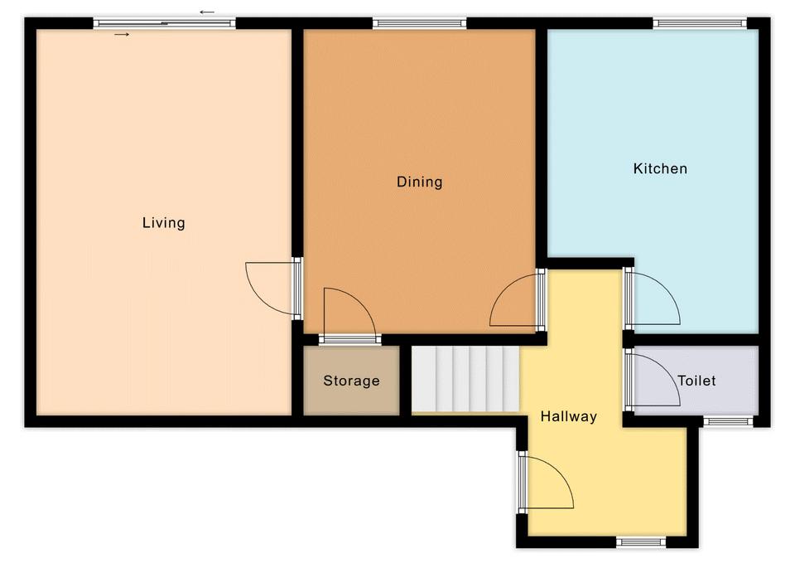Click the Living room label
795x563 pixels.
pos(163,223)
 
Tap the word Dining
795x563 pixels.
pos(419,182)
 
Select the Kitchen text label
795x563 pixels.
pos(660,168)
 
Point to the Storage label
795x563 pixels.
pos(351,381)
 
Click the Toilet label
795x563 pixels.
pos(696,381)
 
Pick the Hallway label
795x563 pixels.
pos(568,416)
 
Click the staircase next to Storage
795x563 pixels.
pos(465,379)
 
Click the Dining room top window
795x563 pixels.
pos(419,23)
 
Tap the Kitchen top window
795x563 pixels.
pos(700,23)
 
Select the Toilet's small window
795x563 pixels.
pos(728,421)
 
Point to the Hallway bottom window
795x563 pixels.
pos(641,542)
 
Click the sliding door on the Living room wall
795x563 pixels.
pos(165,23)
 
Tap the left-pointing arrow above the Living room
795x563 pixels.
pos(207,12)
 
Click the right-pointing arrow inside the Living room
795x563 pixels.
pos(122,35)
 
